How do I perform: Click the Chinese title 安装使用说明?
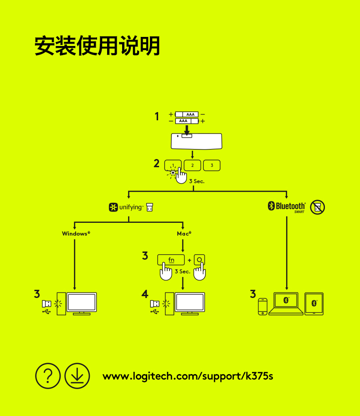[x=97, y=46]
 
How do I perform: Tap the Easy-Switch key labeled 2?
[x=192, y=165]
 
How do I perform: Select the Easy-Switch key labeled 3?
[x=212, y=165]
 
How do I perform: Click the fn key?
[x=171, y=260]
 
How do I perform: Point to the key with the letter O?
[x=199, y=260]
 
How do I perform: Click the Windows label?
[x=76, y=233]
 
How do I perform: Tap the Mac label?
[x=184, y=233]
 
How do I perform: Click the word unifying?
[x=131, y=208]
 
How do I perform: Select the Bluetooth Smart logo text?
[x=290, y=207]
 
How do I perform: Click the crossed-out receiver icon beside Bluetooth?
[x=318, y=207]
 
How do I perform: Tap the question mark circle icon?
[x=48, y=375]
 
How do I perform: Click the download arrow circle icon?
[x=77, y=375]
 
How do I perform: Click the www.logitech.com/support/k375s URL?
[x=188, y=376]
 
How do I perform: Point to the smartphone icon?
[x=262, y=306]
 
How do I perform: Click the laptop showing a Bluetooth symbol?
[x=286, y=303]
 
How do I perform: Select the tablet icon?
[x=314, y=303]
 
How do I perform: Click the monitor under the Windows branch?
[x=82, y=303]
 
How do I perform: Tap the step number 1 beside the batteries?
[x=157, y=117]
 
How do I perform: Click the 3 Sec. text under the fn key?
[x=182, y=271]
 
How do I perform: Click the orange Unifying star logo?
[x=113, y=208]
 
